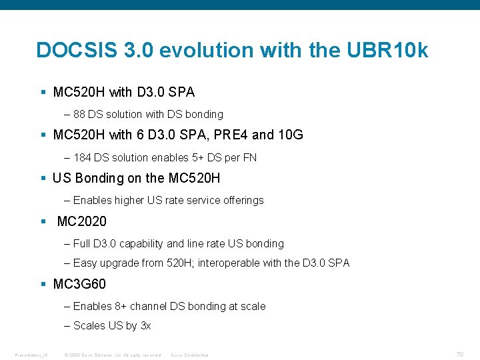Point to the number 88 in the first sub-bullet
[80, 114]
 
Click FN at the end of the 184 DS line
[250, 157]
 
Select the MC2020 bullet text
[81, 221]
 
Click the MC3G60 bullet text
[79, 284]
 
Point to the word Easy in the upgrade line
[85, 263]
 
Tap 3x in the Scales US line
[145, 325]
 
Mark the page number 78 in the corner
[460, 355]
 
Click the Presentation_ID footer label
[32, 355]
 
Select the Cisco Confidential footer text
[190, 355]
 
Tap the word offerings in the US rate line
[242, 200]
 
